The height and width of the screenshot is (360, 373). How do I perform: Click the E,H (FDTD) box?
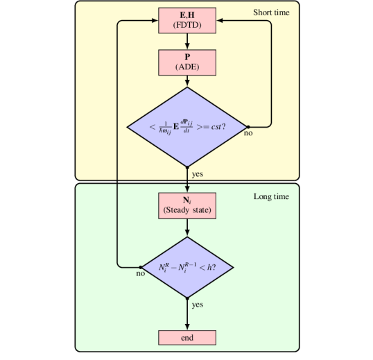(187, 21)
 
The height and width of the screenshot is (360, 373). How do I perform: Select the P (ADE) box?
(187, 62)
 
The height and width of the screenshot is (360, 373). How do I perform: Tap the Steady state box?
(187, 205)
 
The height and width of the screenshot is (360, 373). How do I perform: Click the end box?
(187, 338)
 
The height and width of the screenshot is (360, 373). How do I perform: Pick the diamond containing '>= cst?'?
(187, 127)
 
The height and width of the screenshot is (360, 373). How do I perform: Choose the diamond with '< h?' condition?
(187, 266)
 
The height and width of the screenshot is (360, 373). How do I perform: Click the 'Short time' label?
(271, 12)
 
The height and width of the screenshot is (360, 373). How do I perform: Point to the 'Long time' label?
(271, 197)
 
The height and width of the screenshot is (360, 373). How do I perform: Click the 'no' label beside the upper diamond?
(248, 133)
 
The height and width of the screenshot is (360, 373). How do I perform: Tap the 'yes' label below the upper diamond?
(198, 174)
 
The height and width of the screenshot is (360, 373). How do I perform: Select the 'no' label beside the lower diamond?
(141, 274)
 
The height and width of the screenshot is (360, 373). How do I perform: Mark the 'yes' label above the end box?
(198, 305)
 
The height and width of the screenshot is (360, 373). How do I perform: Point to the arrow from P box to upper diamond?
(187, 80)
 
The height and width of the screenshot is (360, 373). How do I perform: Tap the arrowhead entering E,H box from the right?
(220, 21)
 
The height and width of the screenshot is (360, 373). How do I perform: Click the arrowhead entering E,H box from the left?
(155, 21)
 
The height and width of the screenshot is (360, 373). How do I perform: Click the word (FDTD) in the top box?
(187, 26)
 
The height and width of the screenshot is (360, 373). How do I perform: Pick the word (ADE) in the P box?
(187, 67)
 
